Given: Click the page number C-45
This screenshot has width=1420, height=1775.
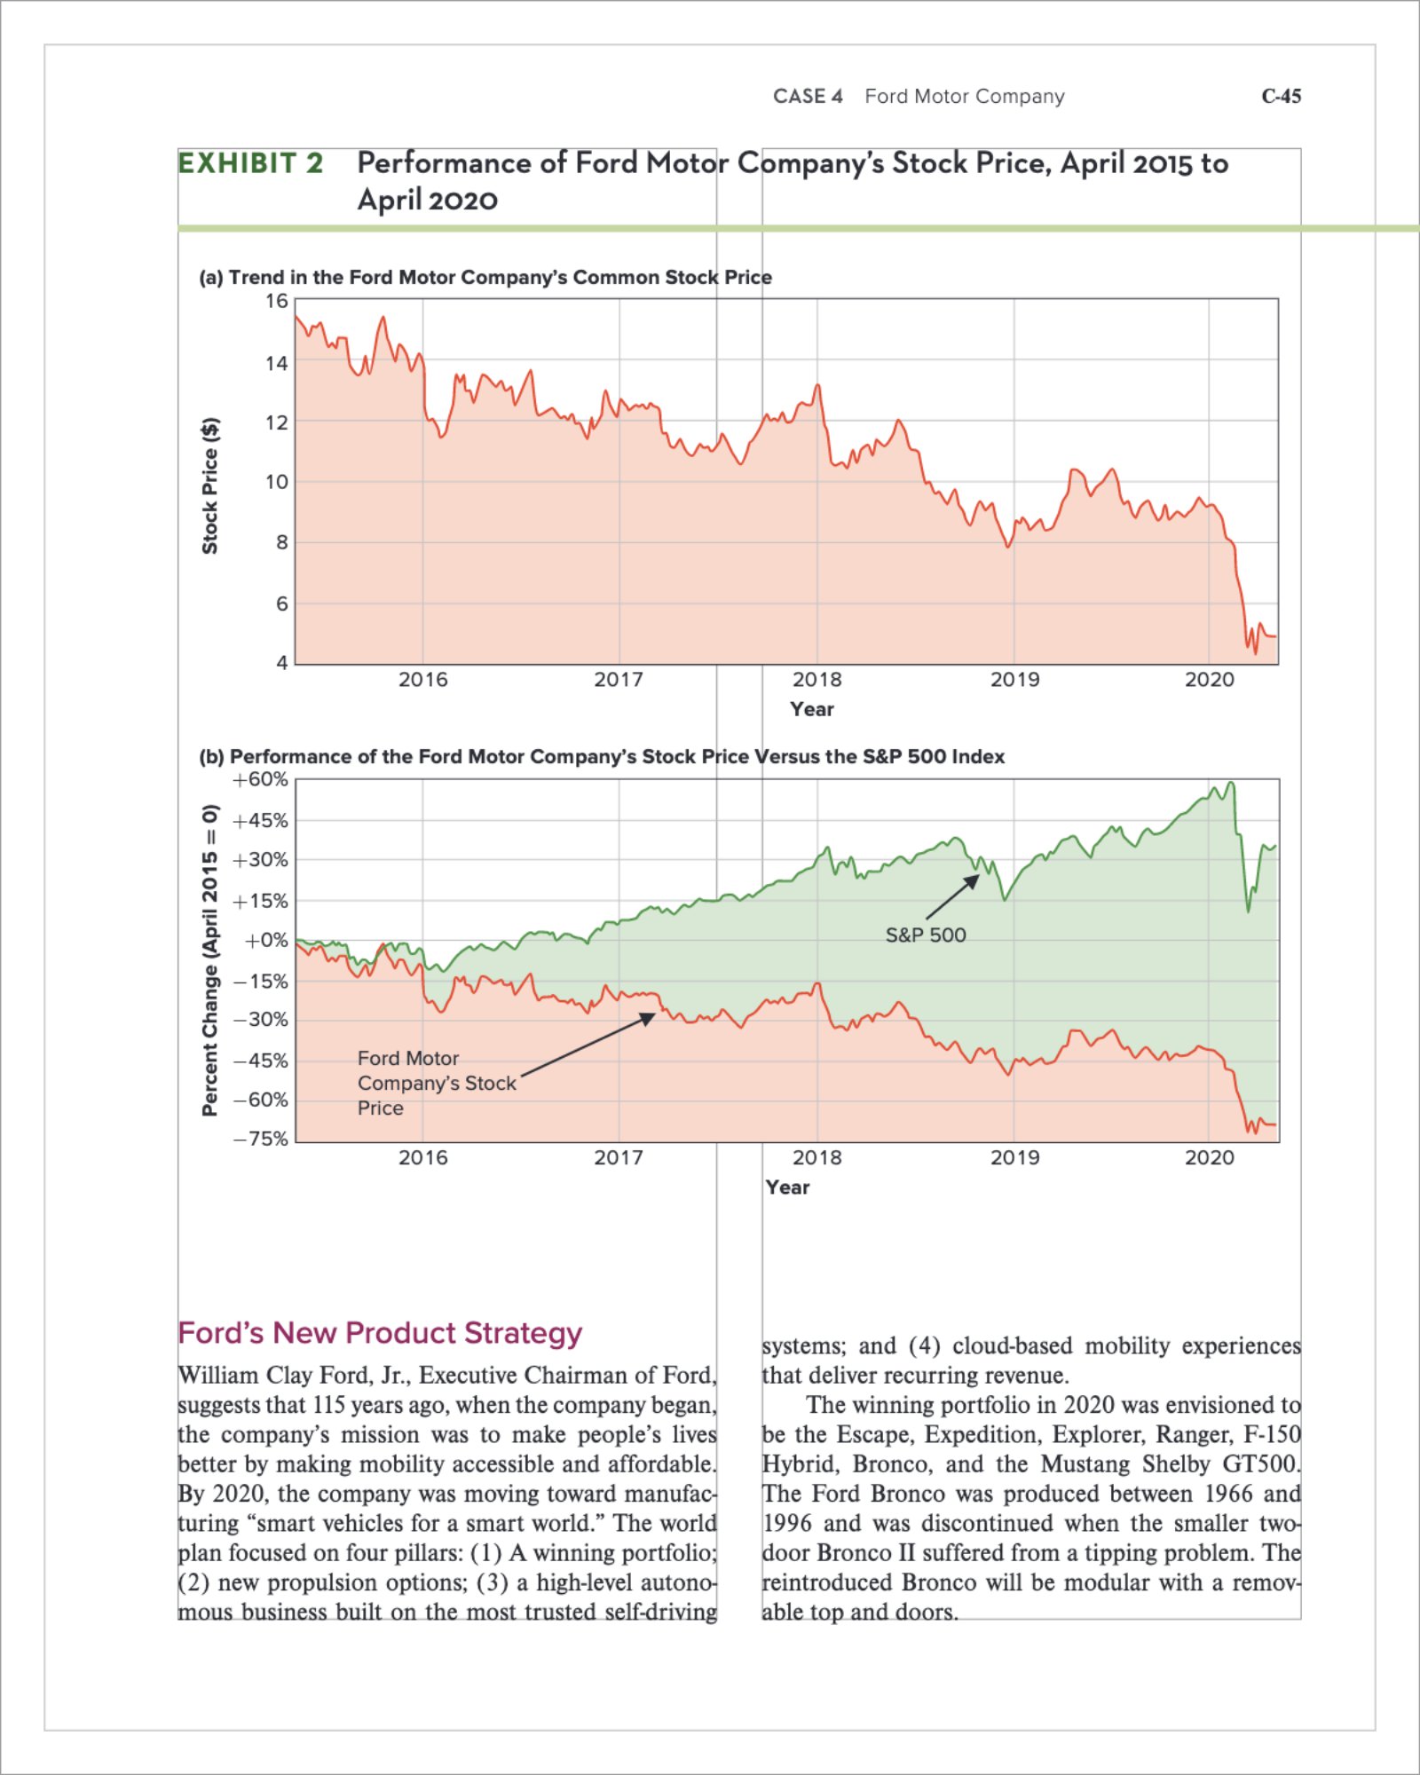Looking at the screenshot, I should click(x=1281, y=96).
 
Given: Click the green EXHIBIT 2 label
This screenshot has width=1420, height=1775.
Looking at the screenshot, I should click(x=250, y=163).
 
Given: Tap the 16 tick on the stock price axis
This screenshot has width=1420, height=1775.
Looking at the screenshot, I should click(x=277, y=301).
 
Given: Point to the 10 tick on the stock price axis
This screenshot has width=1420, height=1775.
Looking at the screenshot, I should click(x=277, y=482).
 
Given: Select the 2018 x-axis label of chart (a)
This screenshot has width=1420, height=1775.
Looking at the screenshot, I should click(x=816, y=680).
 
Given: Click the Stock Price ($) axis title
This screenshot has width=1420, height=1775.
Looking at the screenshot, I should click(x=210, y=485).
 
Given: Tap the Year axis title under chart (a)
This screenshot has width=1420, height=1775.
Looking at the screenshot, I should click(x=811, y=709).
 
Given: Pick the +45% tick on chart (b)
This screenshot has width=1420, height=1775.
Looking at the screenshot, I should click(x=261, y=820).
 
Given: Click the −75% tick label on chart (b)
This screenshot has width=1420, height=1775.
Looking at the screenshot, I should click(x=261, y=1139).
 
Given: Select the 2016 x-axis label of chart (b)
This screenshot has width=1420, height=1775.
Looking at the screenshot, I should click(x=423, y=1157).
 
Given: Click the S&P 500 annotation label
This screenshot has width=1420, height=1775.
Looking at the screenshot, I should click(x=926, y=935).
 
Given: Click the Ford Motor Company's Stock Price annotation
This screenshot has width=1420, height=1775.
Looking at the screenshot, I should click(x=436, y=1083).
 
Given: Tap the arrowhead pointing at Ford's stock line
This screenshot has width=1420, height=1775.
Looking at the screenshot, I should click(x=650, y=1018).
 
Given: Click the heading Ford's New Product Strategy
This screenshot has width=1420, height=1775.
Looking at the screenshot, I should click(x=380, y=1333).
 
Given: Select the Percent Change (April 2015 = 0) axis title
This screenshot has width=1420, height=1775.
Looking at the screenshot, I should click(x=210, y=960).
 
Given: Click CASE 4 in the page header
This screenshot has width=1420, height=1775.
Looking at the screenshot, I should click(x=808, y=96).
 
